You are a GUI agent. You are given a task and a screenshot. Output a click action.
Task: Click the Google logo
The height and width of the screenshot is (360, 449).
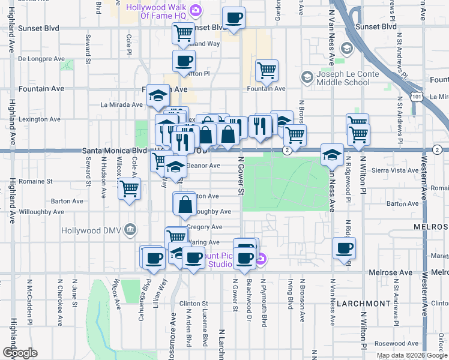click(19, 352)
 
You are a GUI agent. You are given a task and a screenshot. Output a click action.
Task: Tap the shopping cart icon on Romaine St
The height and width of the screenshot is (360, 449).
click(129, 188)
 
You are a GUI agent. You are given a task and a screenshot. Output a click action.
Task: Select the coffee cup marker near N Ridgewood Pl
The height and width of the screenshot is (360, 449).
click(345, 247)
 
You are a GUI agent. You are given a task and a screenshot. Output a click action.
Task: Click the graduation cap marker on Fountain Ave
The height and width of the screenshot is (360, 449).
click(158, 94)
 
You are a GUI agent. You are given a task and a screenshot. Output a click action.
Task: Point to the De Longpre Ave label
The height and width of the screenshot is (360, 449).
click(41, 59)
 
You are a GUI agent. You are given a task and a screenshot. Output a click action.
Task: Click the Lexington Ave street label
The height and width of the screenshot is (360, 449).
click(40, 119)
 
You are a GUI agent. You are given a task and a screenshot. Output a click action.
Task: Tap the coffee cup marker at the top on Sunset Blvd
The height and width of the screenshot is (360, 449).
click(234, 17)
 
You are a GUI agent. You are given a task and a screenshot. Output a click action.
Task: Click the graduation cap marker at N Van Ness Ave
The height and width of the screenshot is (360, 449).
click(331, 155)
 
